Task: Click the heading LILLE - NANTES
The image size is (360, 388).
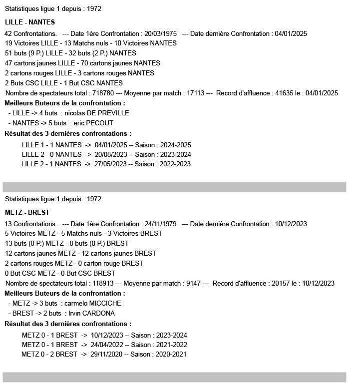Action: tap(30, 22)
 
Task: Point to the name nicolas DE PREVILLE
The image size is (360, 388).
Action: tap(97, 113)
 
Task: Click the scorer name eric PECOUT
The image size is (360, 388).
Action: tap(92, 123)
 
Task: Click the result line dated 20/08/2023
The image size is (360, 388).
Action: tap(106, 154)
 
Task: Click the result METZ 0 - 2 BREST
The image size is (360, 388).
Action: tap(49, 354)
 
